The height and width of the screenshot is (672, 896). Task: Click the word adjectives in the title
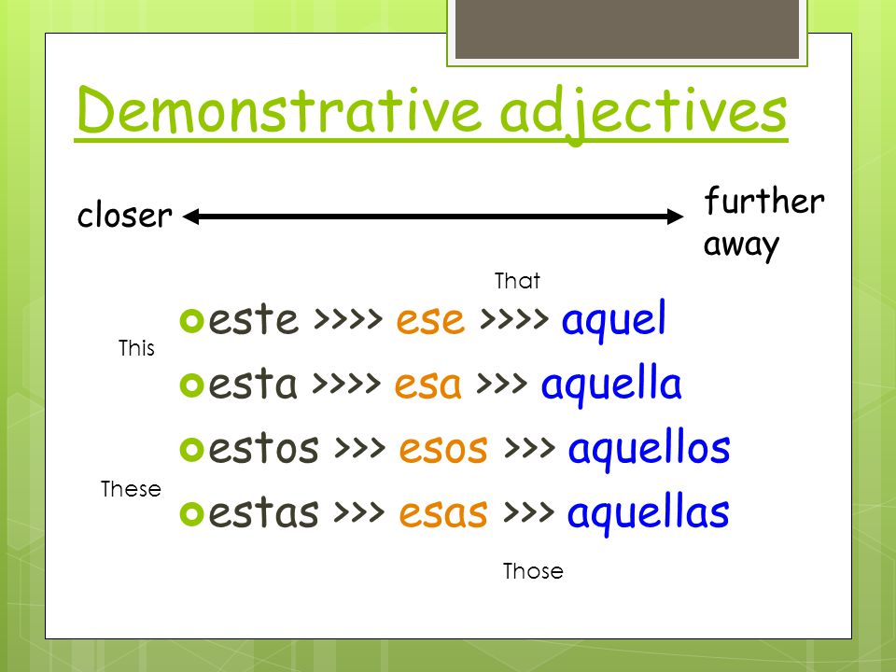pyautogui.click(x=643, y=113)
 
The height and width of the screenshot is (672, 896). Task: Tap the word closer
pyautogui.click(x=124, y=215)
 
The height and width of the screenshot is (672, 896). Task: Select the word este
pyautogui.click(x=253, y=319)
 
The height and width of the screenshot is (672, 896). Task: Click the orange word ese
pyautogui.click(x=430, y=320)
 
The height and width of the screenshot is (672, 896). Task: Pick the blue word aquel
pyautogui.click(x=614, y=320)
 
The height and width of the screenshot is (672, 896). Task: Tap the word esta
pyautogui.click(x=253, y=384)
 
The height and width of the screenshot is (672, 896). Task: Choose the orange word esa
pyautogui.click(x=428, y=385)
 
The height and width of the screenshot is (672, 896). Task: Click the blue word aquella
pyautogui.click(x=610, y=385)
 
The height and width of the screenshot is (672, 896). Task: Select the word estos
pyautogui.click(x=263, y=448)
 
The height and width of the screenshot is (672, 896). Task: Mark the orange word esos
pyautogui.click(x=443, y=449)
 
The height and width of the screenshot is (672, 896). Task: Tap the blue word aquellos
pyautogui.click(x=649, y=449)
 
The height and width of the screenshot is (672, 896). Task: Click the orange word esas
pyautogui.click(x=443, y=513)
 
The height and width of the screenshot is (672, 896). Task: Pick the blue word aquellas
pyautogui.click(x=648, y=513)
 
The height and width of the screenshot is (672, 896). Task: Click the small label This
pyautogui.click(x=136, y=348)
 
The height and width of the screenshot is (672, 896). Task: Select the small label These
pyautogui.click(x=131, y=489)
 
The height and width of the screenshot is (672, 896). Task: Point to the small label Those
pyautogui.click(x=533, y=571)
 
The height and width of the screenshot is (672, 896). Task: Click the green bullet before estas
pyautogui.click(x=192, y=513)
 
